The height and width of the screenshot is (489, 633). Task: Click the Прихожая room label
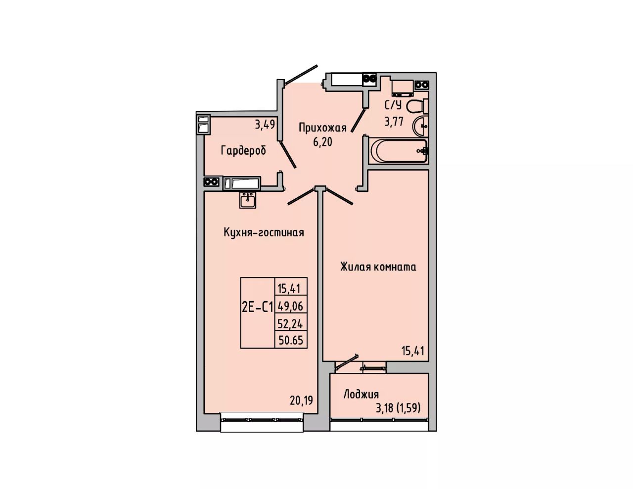(323, 128)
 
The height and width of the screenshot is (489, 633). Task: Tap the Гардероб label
(243, 151)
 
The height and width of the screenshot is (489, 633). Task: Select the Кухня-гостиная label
(264, 232)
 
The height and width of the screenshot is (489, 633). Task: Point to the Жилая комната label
(378, 267)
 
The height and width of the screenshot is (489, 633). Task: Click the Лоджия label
(361, 395)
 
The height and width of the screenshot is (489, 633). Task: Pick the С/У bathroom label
(393, 105)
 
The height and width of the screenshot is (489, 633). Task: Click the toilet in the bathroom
(417, 106)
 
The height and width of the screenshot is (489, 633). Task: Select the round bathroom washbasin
(420, 126)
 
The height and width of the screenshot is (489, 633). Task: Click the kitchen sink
(248, 200)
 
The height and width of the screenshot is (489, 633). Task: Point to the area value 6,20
(322, 142)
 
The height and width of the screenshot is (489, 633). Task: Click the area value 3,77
(394, 122)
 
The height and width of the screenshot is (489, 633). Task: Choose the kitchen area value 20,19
(301, 400)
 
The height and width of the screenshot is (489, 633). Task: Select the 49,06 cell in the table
(290, 306)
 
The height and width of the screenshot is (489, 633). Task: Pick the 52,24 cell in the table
(290, 323)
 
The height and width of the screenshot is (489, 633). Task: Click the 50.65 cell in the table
(290, 340)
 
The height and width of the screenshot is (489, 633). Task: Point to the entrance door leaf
(301, 75)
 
